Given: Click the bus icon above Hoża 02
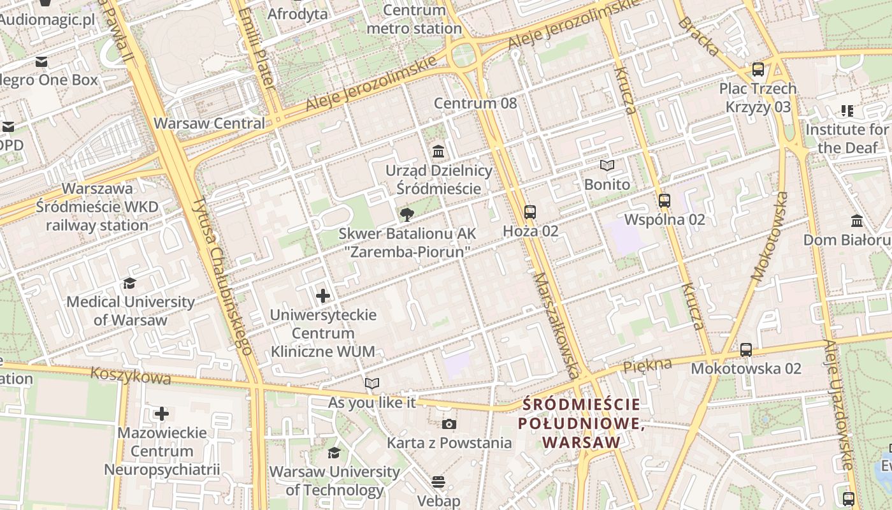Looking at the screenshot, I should [x=529, y=212].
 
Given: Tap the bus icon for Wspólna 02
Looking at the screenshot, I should [x=665, y=201].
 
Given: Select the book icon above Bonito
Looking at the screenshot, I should [x=607, y=166].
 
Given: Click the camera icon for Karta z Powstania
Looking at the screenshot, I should [x=449, y=424].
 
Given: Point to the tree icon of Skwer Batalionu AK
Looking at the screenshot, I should [x=406, y=215].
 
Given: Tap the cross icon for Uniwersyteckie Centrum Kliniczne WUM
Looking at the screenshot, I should [x=323, y=296].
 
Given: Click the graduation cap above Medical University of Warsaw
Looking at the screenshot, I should [x=130, y=283].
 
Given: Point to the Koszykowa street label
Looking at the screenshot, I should [x=131, y=375].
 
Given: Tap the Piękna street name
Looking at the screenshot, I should [x=647, y=365].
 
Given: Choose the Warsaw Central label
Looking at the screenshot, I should [x=210, y=123].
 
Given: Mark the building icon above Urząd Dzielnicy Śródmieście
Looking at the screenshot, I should [x=438, y=152].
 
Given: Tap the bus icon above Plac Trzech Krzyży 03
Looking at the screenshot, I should [x=758, y=69].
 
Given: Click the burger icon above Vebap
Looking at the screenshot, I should [x=438, y=482].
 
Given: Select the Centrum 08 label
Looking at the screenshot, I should [x=475, y=103].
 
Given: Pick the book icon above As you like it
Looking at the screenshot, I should [x=372, y=383].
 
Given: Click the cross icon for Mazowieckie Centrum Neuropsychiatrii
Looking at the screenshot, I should [x=162, y=414].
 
